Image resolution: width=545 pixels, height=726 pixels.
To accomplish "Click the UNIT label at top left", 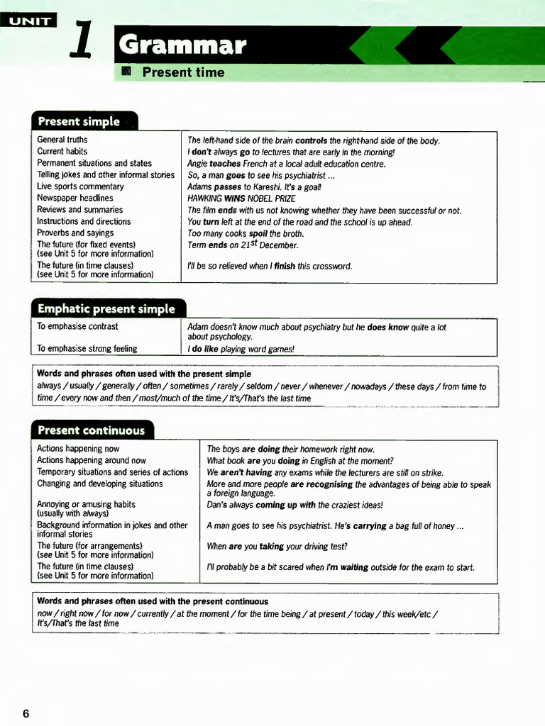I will (x=30, y=21).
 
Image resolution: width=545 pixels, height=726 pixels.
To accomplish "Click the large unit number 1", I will (x=82, y=42).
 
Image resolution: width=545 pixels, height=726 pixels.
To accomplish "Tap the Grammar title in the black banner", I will (x=184, y=46).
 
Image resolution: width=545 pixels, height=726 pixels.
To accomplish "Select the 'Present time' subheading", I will (x=183, y=72).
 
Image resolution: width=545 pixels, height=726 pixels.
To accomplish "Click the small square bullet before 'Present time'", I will (x=128, y=72).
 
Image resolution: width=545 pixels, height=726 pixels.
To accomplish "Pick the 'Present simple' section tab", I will (x=79, y=121).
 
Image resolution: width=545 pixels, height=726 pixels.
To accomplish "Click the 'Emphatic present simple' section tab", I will (x=106, y=308).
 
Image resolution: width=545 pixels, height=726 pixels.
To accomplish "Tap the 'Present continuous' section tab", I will (x=91, y=430).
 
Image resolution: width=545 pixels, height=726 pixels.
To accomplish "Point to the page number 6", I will (x=26, y=713).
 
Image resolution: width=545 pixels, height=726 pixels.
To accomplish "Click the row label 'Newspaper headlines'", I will (x=75, y=198).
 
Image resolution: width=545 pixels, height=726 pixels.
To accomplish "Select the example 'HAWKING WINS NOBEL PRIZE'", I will (x=241, y=199).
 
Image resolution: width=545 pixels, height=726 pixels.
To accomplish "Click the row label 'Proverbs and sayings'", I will (x=75, y=233).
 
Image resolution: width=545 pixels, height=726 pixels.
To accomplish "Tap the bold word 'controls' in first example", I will (x=311, y=140).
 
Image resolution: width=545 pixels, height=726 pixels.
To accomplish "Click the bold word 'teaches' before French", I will (x=225, y=164).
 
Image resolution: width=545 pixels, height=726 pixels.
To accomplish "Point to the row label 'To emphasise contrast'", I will (x=77, y=327).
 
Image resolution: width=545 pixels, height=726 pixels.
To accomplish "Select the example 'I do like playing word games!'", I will (x=241, y=349).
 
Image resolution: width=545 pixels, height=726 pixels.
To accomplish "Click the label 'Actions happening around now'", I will (x=92, y=460).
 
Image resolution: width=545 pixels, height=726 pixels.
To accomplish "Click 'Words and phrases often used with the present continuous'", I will (x=153, y=601).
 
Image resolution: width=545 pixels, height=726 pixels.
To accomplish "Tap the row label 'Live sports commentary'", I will (x=80, y=186).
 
